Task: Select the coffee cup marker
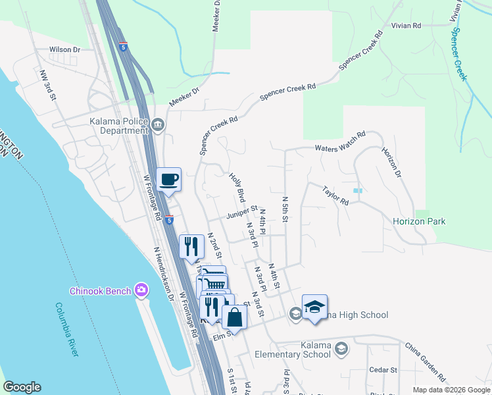click(x=169, y=180)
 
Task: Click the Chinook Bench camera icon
click(x=141, y=290)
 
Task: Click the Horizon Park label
click(x=419, y=221)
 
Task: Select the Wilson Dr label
click(x=64, y=49)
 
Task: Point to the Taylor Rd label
click(x=335, y=196)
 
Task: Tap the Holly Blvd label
click(x=237, y=187)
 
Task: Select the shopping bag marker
click(x=235, y=318)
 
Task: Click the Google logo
click(x=22, y=387)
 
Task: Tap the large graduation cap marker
click(x=314, y=307)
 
